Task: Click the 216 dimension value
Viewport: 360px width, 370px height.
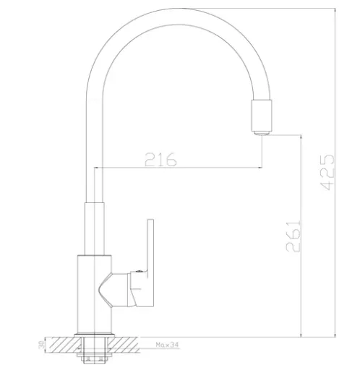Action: point(160,160)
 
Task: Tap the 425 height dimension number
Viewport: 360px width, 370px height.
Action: point(327,173)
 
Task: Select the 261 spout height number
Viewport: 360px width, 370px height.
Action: point(293,236)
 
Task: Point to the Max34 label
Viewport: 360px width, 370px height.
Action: point(167,345)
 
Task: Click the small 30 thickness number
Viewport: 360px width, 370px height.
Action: point(41,345)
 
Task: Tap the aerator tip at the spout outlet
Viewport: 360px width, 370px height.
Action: point(262,133)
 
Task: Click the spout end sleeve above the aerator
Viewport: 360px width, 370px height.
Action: point(262,115)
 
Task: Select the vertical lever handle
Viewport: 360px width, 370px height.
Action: point(150,263)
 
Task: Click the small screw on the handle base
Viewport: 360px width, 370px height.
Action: point(139,272)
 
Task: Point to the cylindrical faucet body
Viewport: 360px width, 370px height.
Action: point(94,294)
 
